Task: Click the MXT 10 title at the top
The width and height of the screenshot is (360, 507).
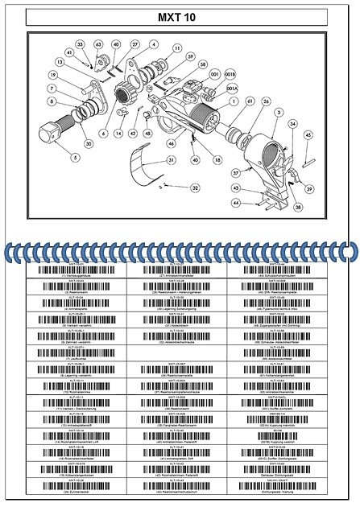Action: tap(180, 16)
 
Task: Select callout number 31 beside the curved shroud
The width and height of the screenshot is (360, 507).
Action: tap(172, 160)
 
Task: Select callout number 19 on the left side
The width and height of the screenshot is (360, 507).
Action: tap(52, 75)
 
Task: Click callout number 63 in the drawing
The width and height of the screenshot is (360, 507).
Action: tap(98, 44)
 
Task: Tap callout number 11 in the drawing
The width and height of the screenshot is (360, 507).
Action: tap(176, 49)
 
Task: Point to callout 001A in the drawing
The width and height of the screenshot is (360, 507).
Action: tap(232, 89)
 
